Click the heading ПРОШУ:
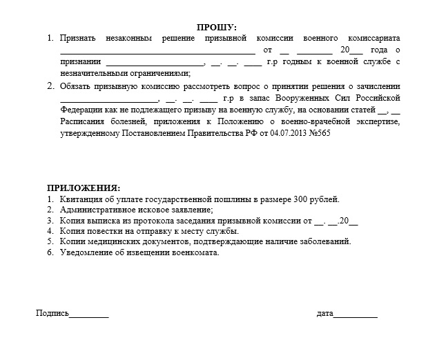(216, 27)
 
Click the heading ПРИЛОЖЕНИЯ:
(83, 188)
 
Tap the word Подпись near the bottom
(52, 313)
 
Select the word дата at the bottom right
(324, 313)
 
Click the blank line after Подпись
(89, 314)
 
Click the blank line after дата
(356, 314)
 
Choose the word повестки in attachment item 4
(103, 231)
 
